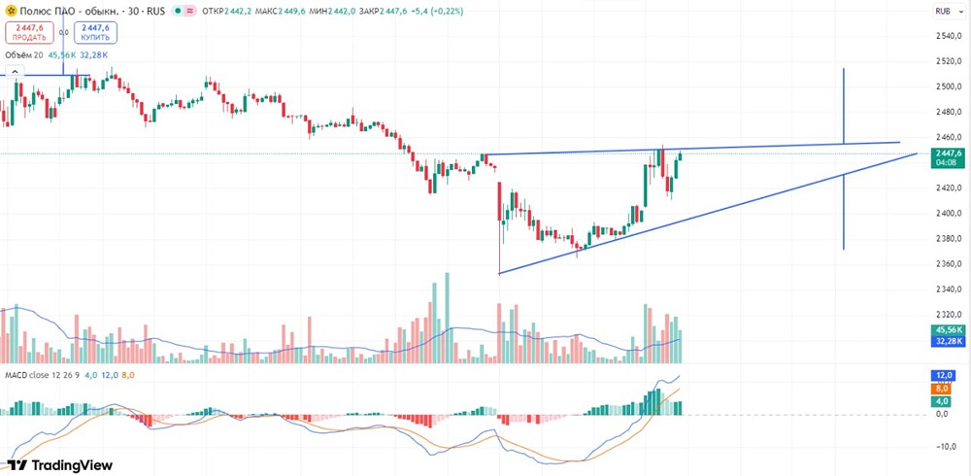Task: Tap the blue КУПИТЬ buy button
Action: [x=95, y=32]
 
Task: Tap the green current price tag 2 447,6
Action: [x=946, y=153]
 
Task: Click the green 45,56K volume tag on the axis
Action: [x=946, y=330]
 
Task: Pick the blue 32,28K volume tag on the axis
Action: [x=946, y=342]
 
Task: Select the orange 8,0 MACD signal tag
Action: [x=942, y=388]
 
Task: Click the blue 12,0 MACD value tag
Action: [x=942, y=375]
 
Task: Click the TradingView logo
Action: [x=60, y=465]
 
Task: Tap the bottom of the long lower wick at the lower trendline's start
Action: [x=499, y=273]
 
